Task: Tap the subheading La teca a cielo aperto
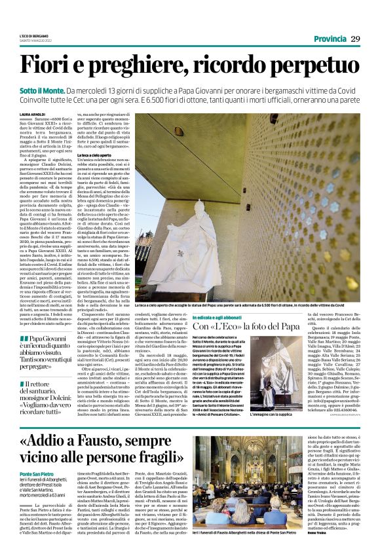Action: point(107,154)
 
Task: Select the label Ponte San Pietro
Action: point(35,473)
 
